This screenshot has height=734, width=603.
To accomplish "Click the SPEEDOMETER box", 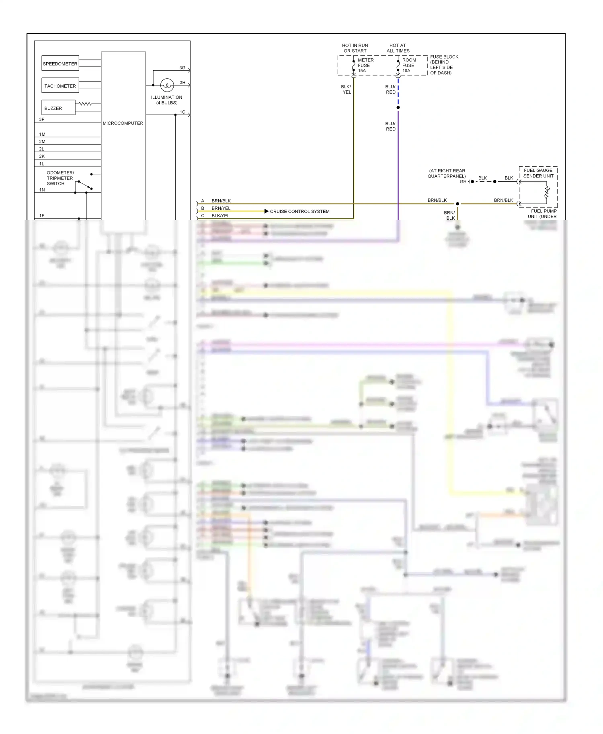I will (x=60, y=63).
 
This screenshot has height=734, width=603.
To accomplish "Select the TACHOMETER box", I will (x=60, y=86).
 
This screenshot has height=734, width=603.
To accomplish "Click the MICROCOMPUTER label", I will (x=123, y=123).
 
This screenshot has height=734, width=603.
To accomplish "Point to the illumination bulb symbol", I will (x=167, y=85).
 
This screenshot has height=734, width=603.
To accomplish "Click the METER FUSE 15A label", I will (x=365, y=65).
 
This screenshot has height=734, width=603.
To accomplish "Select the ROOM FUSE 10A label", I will (x=409, y=65).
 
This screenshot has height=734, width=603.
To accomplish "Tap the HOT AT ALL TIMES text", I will (x=398, y=48).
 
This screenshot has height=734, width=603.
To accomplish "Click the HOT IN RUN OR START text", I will (x=355, y=48).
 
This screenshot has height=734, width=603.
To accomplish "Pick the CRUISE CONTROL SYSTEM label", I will (x=299, y=211).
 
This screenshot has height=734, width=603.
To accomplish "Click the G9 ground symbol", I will (x=470, y=181).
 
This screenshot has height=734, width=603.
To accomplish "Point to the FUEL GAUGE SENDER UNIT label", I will (x=538, y=173).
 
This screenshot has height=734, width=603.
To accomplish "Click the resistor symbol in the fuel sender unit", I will (x=547, y=192).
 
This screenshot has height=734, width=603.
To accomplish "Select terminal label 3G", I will (x=182, y=68).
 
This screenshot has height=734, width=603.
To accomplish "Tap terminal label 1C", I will (x=182, y=112).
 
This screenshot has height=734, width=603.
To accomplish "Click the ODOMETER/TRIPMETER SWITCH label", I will (x=60, y=178).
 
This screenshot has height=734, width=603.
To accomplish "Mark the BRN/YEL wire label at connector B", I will (x=221, y=208).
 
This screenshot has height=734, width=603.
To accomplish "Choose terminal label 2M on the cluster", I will (x=42, y=141).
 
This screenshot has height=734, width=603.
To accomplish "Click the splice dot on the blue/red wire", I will (x=398, y=108).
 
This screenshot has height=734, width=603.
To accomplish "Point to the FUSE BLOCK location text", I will (x=444, y=65).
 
